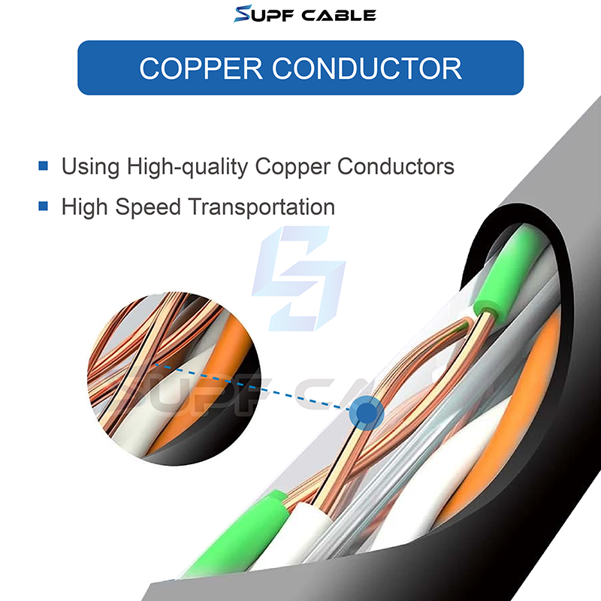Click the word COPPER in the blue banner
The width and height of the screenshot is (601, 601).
coord(201,68)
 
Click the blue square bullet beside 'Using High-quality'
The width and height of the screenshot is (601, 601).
coord(44,165)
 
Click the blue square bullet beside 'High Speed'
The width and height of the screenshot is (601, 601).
coord(44,206)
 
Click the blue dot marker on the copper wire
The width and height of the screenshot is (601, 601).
coord(367,412)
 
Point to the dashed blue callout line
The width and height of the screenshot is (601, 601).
coord(255,388)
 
